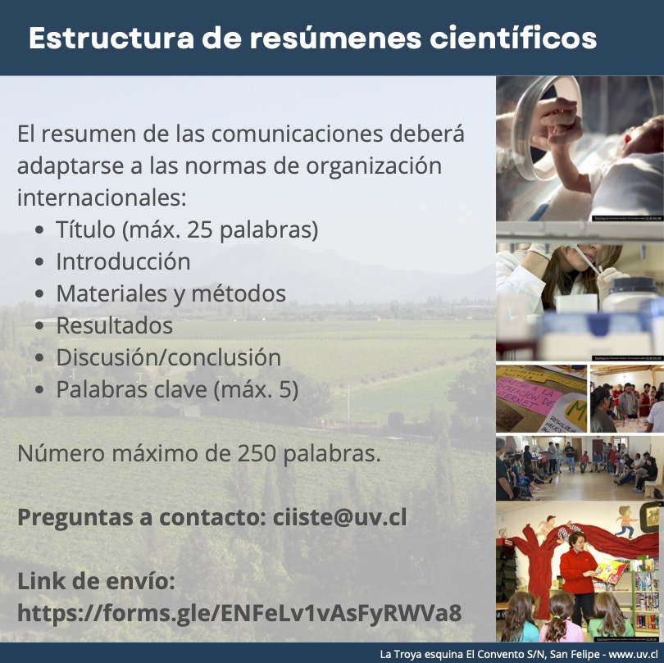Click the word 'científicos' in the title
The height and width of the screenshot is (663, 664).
coord(513,38)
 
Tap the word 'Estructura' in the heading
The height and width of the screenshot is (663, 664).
coord(111,38)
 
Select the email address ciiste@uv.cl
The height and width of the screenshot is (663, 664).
coord(339,517)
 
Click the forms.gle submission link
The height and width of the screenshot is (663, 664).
coord(239,612)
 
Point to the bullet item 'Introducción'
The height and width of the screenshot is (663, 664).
coord(123,261)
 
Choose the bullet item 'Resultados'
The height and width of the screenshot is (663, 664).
coord(114,325)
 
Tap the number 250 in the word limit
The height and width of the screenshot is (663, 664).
coord(257,453)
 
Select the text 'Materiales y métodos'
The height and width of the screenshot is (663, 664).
coord(171,293)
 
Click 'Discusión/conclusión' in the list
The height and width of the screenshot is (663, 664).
coord(169,356)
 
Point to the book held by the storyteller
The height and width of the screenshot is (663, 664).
coord(611,570)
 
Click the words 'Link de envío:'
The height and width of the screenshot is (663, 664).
coord(96,581)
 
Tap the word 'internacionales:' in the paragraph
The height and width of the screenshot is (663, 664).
coord(102,198)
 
